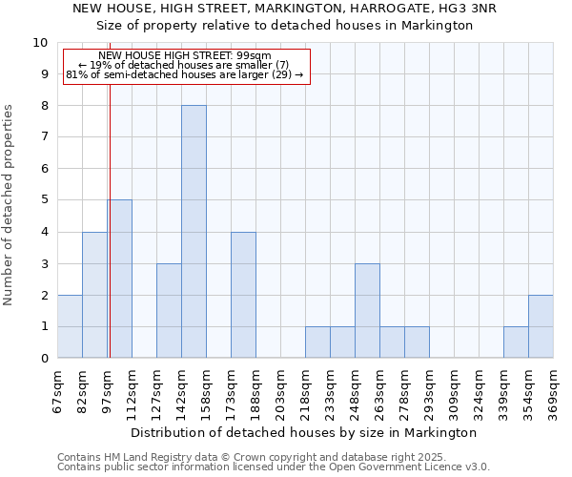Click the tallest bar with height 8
tap(194, 232)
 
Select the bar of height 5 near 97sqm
tap(120, 279)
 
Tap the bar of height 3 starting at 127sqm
tap(169, 310)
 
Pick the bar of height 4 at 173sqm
tap(243, 295)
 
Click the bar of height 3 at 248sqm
tap(367, 310)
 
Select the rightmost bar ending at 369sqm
tap(541, 326)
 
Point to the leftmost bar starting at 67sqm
tap(70, 326)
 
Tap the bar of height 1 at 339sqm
tap(516, 342)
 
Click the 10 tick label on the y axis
tap(40, 43)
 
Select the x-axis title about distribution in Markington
tap(303, 432)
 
